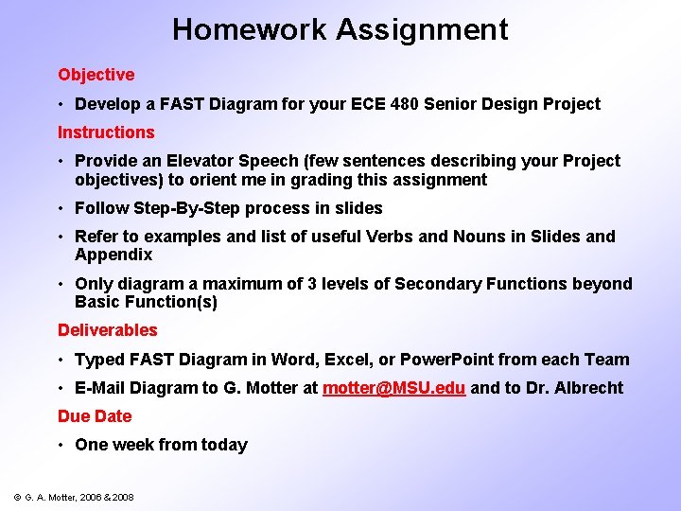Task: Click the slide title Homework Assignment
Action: (x=340, y=29)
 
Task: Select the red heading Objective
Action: (x=96, y=75)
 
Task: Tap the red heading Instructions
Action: (x=106, y=132)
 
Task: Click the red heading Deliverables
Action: (x=108, y=330)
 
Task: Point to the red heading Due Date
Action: (x=95, y=416)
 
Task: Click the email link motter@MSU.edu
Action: (x=393, y=388)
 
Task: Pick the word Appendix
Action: (x=113, y=255)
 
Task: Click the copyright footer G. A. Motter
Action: (x=72, y=497)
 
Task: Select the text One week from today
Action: (x=161, y=445)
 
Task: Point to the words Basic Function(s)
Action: (x=146, y=303)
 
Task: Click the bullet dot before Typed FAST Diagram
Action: (x=61, y=360)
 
